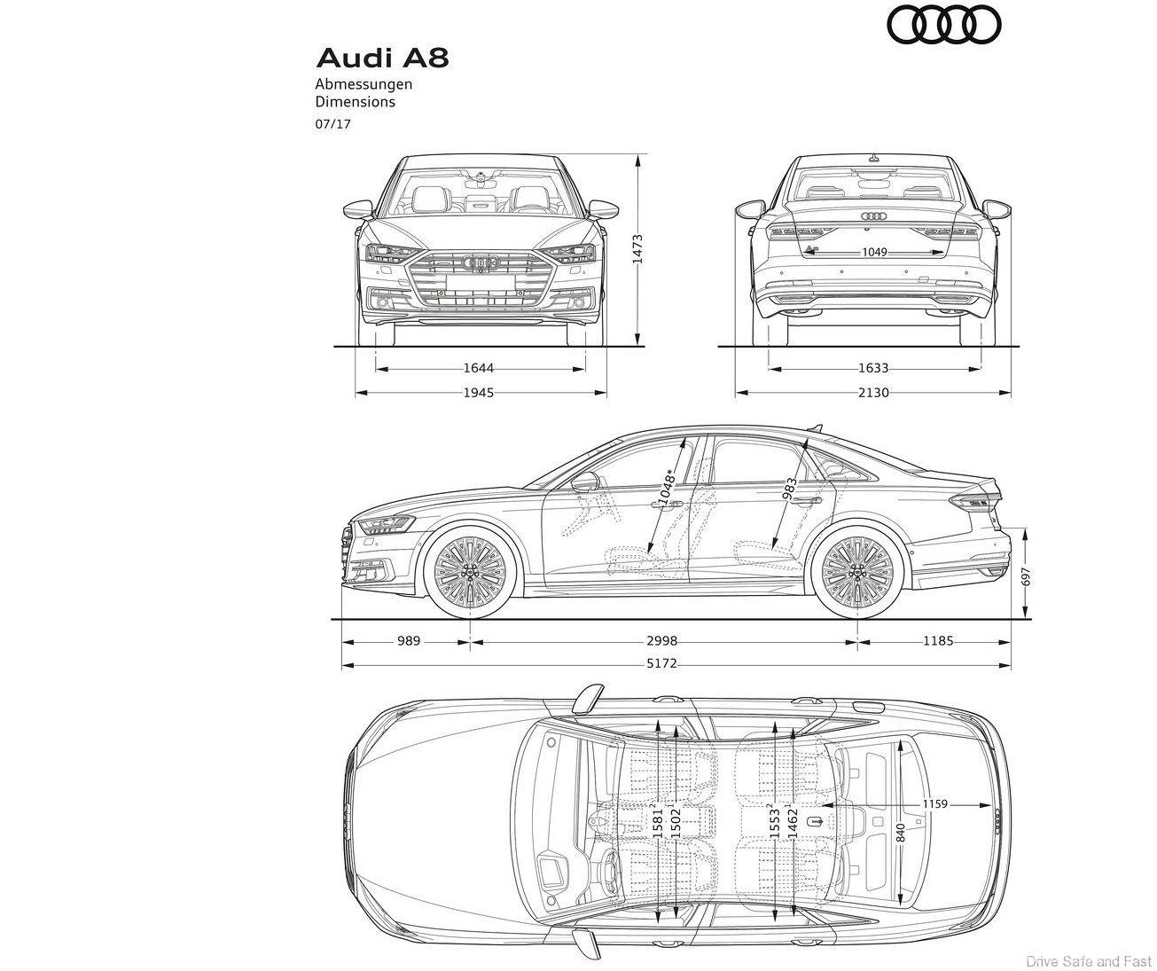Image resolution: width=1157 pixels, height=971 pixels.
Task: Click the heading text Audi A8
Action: (382, 59)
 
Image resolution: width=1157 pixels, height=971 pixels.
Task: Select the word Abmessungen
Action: (364, 84)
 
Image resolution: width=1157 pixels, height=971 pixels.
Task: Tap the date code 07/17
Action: (333, 124)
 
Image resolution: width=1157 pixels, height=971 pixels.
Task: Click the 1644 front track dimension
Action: (478, 368)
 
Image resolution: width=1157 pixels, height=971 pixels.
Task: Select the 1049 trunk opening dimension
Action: (874, 253)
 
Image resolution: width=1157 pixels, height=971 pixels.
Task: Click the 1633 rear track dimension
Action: (873, 368)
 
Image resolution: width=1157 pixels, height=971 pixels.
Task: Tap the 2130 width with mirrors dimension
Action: (873, 392)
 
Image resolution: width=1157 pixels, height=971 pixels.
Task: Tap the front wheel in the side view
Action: (470, 572)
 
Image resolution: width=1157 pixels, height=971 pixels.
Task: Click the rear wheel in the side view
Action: (857, 572)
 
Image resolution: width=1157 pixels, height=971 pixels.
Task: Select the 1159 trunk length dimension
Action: (934, 804)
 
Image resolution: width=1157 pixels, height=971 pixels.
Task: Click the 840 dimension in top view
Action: (901, 834)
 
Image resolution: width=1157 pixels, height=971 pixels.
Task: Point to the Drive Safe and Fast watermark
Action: (1088, 960)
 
